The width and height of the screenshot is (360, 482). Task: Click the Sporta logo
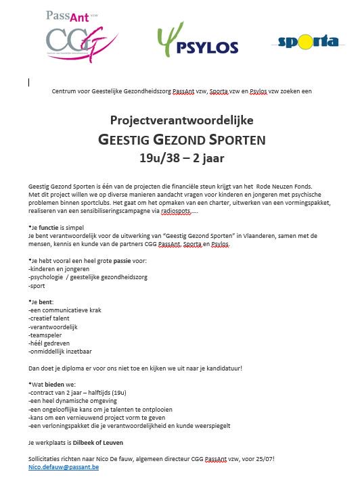[x=308, y=42]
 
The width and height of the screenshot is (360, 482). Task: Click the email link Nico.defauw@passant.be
[x=64, y=467]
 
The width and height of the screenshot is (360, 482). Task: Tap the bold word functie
[x=58, y=228]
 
